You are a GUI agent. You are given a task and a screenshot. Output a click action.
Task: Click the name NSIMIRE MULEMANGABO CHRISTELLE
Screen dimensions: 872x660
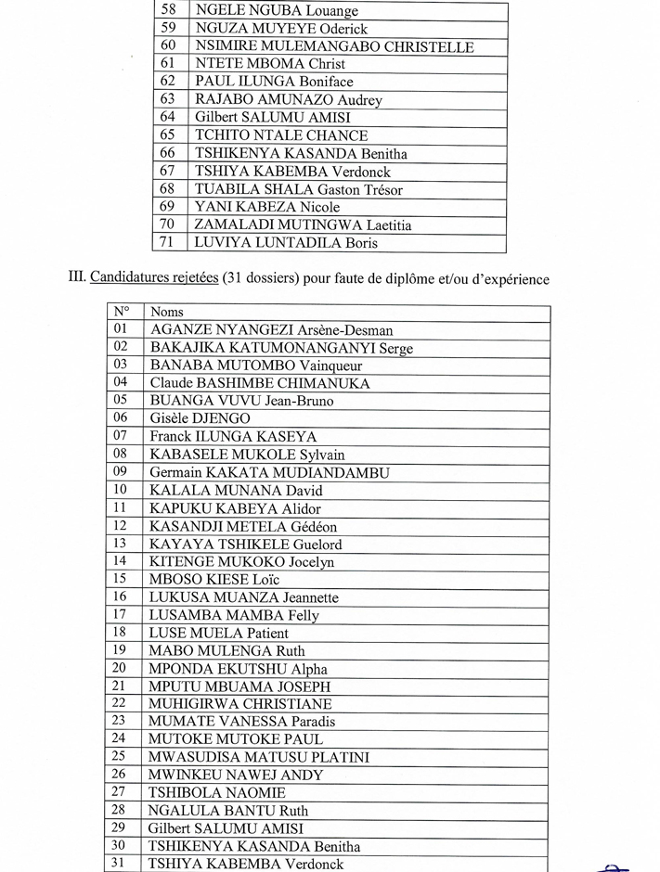[334, 46]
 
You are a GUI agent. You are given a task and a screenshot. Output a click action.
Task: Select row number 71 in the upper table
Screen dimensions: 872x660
[168, 243]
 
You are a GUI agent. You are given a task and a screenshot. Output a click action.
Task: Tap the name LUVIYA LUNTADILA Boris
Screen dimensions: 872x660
[286, 243]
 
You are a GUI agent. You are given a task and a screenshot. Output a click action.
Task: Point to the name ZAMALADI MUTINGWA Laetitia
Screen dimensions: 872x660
[304, 225]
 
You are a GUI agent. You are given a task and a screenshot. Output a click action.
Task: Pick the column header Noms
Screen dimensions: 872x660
[167, 312]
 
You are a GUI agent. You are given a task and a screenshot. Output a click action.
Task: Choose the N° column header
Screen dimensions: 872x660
[122, 312]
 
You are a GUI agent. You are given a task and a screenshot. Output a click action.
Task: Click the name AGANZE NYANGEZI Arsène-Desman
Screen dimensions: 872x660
[271, 330]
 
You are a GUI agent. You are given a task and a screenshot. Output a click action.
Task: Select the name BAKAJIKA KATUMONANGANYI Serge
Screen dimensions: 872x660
[281, 348]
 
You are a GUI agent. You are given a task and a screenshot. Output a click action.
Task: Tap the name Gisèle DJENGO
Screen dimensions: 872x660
[200, 419]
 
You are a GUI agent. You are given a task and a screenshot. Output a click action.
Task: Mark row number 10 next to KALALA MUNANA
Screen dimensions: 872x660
[121, 490]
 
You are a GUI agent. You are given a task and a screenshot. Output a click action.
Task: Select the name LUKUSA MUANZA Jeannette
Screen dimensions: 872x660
[244, 597]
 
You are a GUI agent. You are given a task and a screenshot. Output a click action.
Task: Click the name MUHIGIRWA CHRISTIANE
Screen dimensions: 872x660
[240, 704]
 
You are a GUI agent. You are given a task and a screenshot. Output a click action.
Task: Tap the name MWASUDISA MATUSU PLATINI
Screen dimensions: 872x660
[259, 757]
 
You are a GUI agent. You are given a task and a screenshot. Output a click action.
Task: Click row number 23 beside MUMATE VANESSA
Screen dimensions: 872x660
[120, 721]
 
